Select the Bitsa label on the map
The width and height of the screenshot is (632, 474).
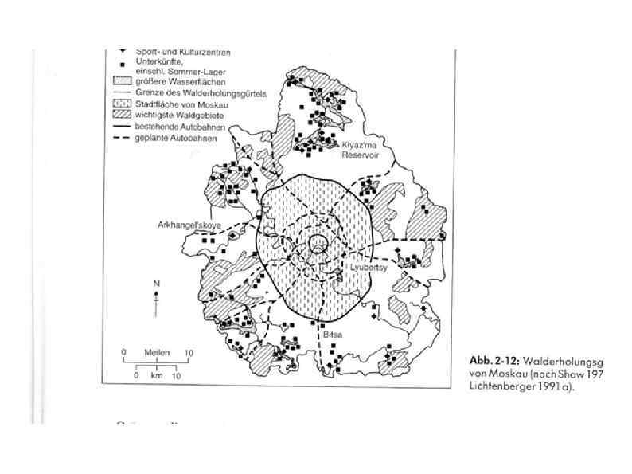click(x=332, y=335)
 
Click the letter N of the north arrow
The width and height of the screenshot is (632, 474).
click(x=157, y=284)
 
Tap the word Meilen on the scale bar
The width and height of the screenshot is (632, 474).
click(x=156, y=351)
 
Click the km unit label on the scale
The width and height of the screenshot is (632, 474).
click(x=157, y=374)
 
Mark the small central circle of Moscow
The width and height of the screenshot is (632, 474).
click(x=318, y=245)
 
